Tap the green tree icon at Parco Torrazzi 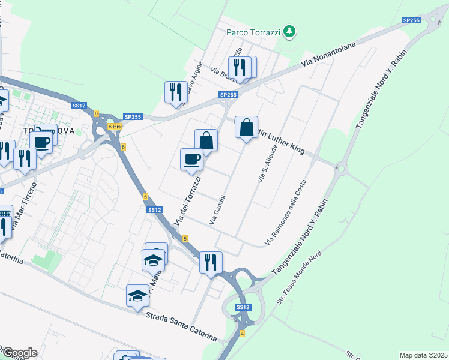290,31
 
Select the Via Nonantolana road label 328,54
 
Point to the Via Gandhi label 217,209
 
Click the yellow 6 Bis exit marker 115,127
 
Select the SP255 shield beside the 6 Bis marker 132,117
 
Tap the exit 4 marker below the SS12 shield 243,333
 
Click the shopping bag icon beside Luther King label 246,127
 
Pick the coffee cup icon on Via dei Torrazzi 192,159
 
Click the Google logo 19,353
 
